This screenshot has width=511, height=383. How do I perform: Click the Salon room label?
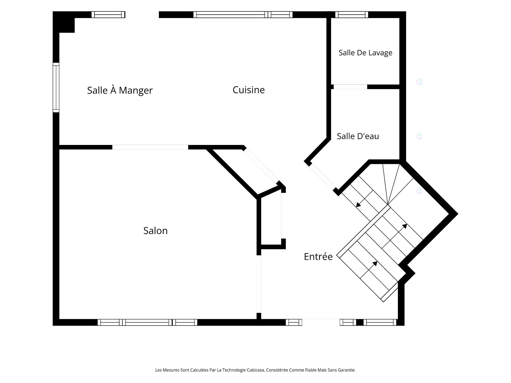point(155,231)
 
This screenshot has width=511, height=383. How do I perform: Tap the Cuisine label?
point(249,90)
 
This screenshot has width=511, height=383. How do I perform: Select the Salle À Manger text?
point(120,90)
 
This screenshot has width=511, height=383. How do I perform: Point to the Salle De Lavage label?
point(365,53)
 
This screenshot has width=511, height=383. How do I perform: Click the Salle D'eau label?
point(358,136)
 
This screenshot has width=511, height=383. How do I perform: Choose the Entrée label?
point(318,256)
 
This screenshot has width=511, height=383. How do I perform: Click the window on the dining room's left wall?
point(56,88)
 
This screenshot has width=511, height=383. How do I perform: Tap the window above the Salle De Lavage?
point(352,15)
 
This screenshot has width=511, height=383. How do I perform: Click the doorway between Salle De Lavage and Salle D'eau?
point(350,87)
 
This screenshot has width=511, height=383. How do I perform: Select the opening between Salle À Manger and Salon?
point(150,147)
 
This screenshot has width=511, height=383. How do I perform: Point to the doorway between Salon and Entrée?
point(259,284)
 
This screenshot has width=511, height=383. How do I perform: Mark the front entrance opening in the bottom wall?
point(321,322)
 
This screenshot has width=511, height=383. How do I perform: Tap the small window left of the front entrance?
point(294,322)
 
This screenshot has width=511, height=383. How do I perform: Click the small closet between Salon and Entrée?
point(271,218)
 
